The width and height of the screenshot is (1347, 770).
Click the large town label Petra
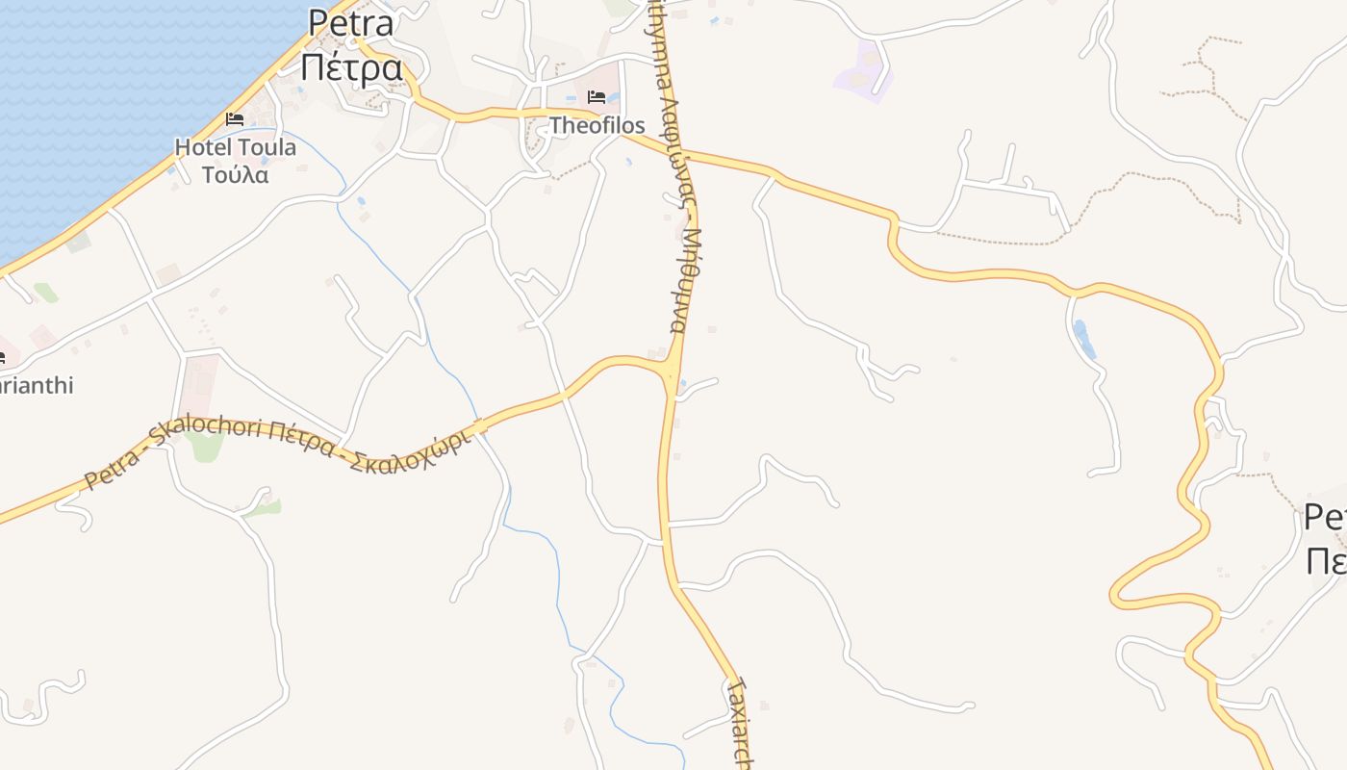351,23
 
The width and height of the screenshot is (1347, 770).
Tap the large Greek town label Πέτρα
351,68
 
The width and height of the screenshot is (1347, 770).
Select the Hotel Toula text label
235,148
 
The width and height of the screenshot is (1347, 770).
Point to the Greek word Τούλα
235,175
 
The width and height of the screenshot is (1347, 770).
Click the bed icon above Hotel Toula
234,119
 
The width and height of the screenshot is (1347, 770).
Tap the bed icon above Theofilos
597,97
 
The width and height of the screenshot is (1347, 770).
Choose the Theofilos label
597,125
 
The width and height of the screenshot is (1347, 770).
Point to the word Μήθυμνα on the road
685,281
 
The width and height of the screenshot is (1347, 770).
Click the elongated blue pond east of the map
1083,339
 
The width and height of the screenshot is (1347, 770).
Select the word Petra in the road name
113,467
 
